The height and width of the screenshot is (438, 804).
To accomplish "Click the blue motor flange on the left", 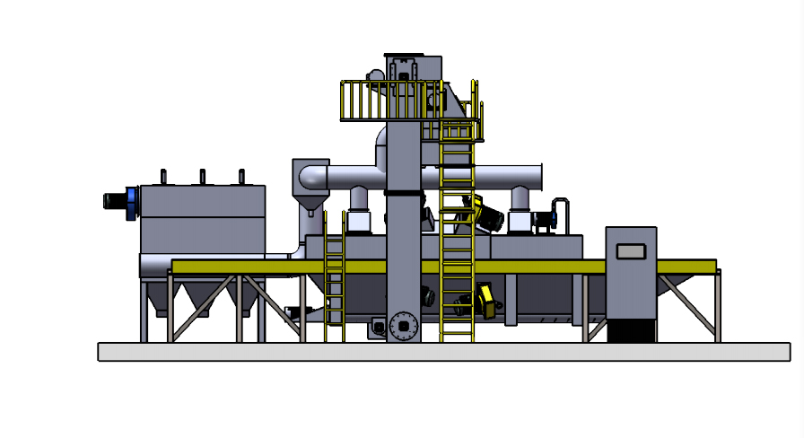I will tap(133, 200).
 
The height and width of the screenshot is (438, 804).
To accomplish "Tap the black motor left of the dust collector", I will tap(115, 200).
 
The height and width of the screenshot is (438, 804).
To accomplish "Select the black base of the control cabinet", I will tap(631, 330).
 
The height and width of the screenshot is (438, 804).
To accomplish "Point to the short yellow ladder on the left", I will tap(334, 278).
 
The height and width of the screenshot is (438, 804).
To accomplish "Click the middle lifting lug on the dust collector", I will tap(202, 176).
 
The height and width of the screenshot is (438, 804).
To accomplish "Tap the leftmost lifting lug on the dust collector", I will tap(163, 176).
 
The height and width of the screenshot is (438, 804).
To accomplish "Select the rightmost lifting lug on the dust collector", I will tap(240, 176).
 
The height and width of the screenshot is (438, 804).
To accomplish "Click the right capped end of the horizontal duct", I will tap(539, 176).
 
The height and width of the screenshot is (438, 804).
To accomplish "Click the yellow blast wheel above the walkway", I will tap(489, 215).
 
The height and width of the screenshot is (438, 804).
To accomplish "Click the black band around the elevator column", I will tap(404, 192).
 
